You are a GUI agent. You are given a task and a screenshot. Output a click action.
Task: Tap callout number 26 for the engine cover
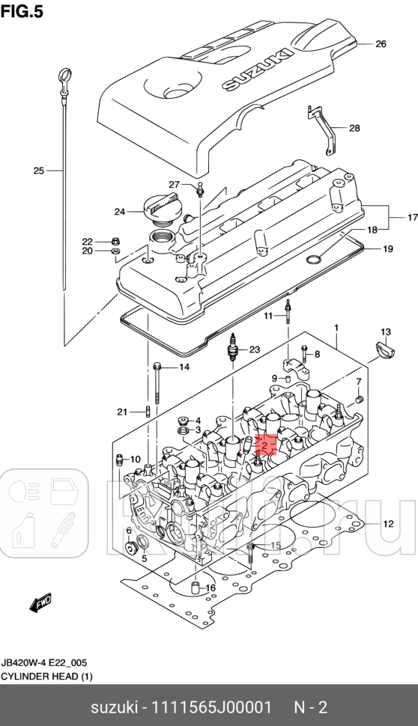click(x=380, y=44)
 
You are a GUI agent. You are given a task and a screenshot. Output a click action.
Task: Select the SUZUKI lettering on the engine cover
click(x=246, y=72)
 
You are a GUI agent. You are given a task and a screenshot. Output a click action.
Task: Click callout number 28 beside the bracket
click(x=354, y=128)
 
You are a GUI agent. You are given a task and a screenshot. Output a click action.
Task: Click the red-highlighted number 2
click(x=265, y=445)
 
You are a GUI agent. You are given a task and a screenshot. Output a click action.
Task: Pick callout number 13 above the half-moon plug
click(x=385, y=332)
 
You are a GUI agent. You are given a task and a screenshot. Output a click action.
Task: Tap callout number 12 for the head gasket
click(x=388, y=523)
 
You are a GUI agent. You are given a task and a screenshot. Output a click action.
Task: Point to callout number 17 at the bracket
click(x=411, y=218)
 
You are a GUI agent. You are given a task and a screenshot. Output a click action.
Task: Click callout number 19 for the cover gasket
click(x=387, y=248)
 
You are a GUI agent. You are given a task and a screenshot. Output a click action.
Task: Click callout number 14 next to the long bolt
click(x=184, y=367)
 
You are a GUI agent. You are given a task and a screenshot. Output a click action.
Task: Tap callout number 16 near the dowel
click(x=210, y=588)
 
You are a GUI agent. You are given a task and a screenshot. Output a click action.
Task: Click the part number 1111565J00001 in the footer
click(x=211, y=707)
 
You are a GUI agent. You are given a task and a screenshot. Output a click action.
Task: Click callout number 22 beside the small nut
click(x=87, y=241)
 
